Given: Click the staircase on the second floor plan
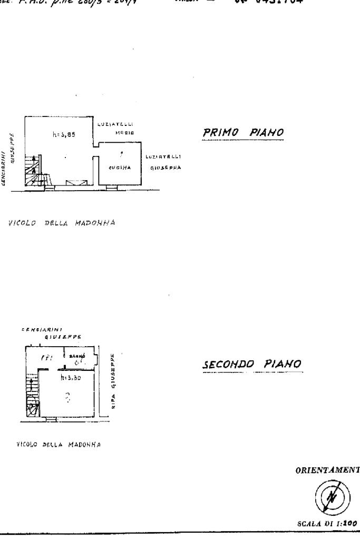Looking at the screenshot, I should click(32, 395).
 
